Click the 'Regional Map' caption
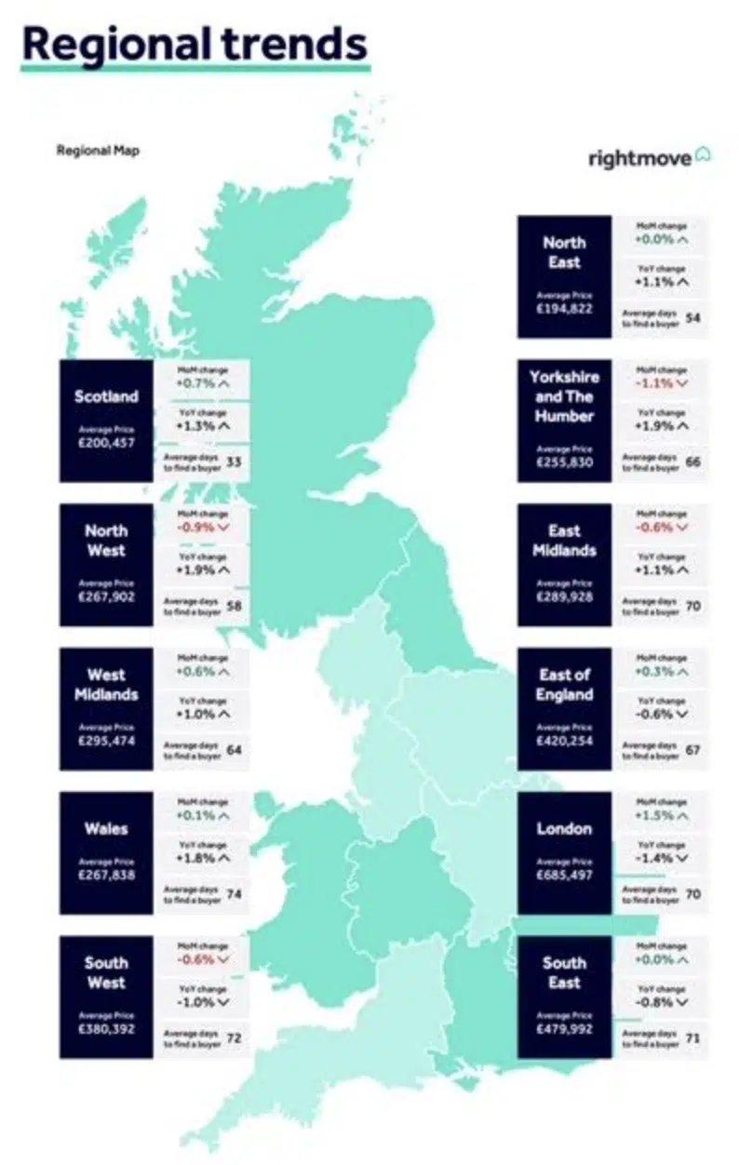98,150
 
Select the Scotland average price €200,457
106,443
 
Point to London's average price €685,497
564,876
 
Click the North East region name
564,252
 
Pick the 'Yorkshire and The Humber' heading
564,396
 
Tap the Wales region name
106,829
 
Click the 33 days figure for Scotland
234,462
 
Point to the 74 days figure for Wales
234,894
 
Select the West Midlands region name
106,685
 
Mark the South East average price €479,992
564,1029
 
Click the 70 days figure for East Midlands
692,606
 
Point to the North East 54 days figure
692,317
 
